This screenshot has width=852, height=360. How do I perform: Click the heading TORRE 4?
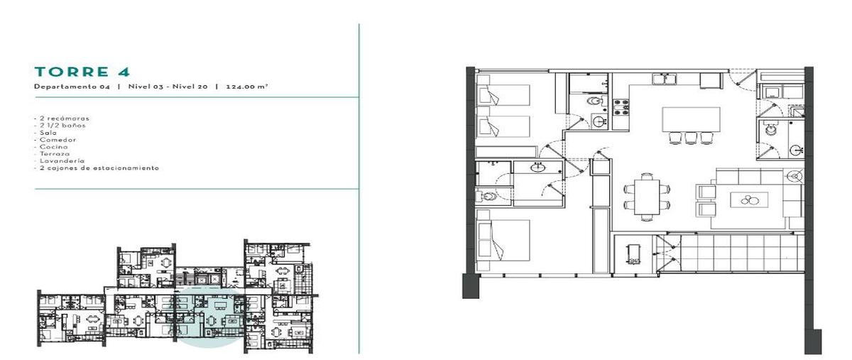(x=82, y=72)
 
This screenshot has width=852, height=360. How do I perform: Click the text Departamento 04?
(x=72, y=87)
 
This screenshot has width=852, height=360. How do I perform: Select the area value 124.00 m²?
(x=247, y=87)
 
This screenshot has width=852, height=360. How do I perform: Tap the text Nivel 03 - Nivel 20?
(x=168, y=87)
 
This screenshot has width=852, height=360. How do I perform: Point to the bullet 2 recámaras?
(x=62, y=119)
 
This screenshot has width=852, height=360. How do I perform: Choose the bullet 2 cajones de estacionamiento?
(x=97, y=168)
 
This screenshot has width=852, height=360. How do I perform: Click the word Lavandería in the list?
(x=62, y=161)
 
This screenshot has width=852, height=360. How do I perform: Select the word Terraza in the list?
(x=55, y=154)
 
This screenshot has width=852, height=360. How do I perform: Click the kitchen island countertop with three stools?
(x=691, y=119)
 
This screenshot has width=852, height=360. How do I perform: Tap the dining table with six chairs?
(x=647, y=197)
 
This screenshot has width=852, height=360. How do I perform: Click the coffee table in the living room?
(x=749, y=200)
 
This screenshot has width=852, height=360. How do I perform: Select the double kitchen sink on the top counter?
(x=664, y=79)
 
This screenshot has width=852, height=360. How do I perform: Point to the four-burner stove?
(x=621, y=107)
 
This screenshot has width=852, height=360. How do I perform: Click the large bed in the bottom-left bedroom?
(x=503, y=241)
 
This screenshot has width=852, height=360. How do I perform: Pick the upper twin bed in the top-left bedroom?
(x=503, y=95)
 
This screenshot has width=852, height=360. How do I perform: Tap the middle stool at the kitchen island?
(x=691, y=138)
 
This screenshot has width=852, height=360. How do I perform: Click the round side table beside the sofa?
(x=794, y=176)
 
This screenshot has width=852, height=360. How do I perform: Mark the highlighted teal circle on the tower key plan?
(x=210, y=317)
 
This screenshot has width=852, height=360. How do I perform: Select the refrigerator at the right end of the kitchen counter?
(x=711, y=81)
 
